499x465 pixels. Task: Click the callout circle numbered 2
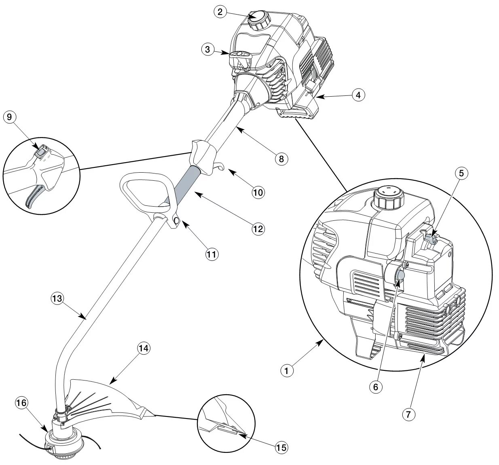[x=220, y=12]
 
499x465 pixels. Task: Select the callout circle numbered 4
[x=358, y=95]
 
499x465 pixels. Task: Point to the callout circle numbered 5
[x=461, y=173]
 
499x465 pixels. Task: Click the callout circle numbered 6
[x=375, y=387]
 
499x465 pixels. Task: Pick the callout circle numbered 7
[x=409, y=414]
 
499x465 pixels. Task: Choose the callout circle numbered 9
[x=10, y=117]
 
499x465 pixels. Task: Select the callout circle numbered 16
[x=22, y=402]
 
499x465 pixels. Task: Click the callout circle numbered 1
[x=287, y=370]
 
